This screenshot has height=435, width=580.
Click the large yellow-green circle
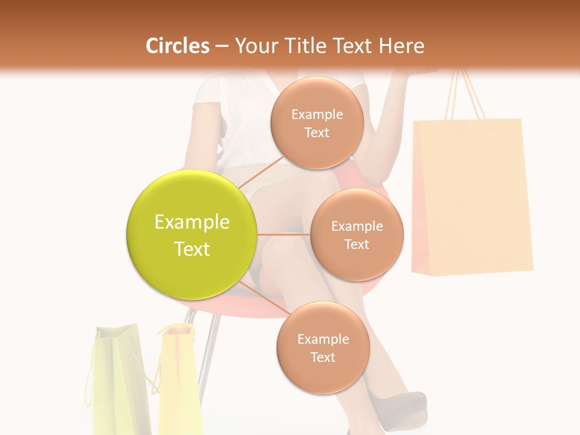coord(192,234)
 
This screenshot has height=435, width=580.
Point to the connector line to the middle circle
coord(284,234)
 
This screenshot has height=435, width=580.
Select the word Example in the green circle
coord(192,222)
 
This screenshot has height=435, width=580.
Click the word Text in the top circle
coord(317,133)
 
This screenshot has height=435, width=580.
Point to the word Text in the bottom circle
coord(323,358)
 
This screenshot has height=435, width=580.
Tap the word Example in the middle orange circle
coord(356,227)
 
